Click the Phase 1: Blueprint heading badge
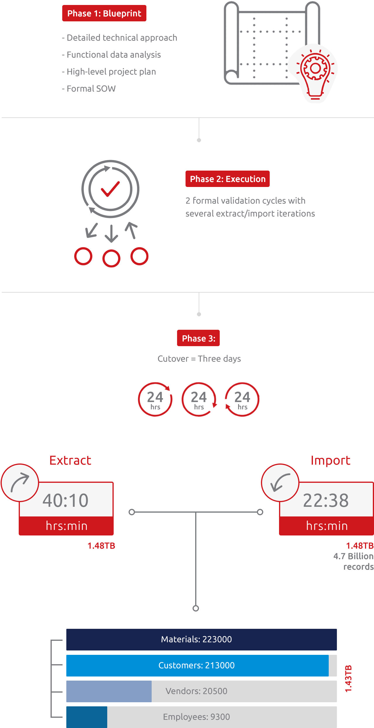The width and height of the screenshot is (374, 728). click(x=104, y=13)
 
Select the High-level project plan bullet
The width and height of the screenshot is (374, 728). click(x=109, y=72)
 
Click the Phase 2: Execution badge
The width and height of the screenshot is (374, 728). click(x=227, y=179)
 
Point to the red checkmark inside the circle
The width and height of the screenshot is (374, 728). click(x=110, y=189)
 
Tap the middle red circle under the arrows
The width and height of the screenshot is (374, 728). click(x=111, y=258)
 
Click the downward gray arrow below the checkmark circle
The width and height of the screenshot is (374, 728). click(x=111, y=233)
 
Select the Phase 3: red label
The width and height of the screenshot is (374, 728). click(x=198, y=338)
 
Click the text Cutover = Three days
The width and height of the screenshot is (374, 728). click(x=199, y=359)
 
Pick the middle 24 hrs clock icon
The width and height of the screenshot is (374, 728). click(x=199, y=399)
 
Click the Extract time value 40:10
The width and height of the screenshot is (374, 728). click(x=65, y=500)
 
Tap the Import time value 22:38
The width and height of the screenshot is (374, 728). click(x=326, y=500)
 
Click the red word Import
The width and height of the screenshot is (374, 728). click(x=330, y=460)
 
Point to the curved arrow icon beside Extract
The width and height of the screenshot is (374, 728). click(x=20, y=483)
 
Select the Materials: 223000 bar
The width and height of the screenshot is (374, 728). click(x=201, y=639)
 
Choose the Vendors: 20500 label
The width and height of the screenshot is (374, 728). click(x=196, y=691)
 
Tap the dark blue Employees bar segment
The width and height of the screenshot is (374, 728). click(x=87, y=717)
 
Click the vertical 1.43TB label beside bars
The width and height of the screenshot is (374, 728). click(x=349, y=679)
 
